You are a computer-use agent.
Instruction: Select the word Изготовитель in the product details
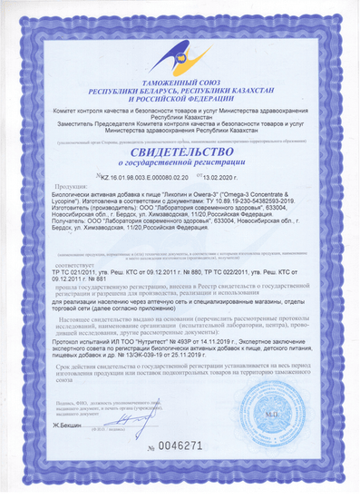pos(92,231)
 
